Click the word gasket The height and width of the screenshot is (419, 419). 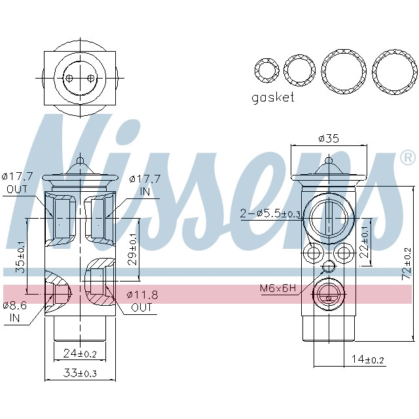point(273,98)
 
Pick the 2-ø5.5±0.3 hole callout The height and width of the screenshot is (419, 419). point(271,213)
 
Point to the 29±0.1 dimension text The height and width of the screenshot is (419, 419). point(132,248)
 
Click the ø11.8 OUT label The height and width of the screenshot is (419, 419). point(141,301)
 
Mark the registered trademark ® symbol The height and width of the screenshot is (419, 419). point(407,157)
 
